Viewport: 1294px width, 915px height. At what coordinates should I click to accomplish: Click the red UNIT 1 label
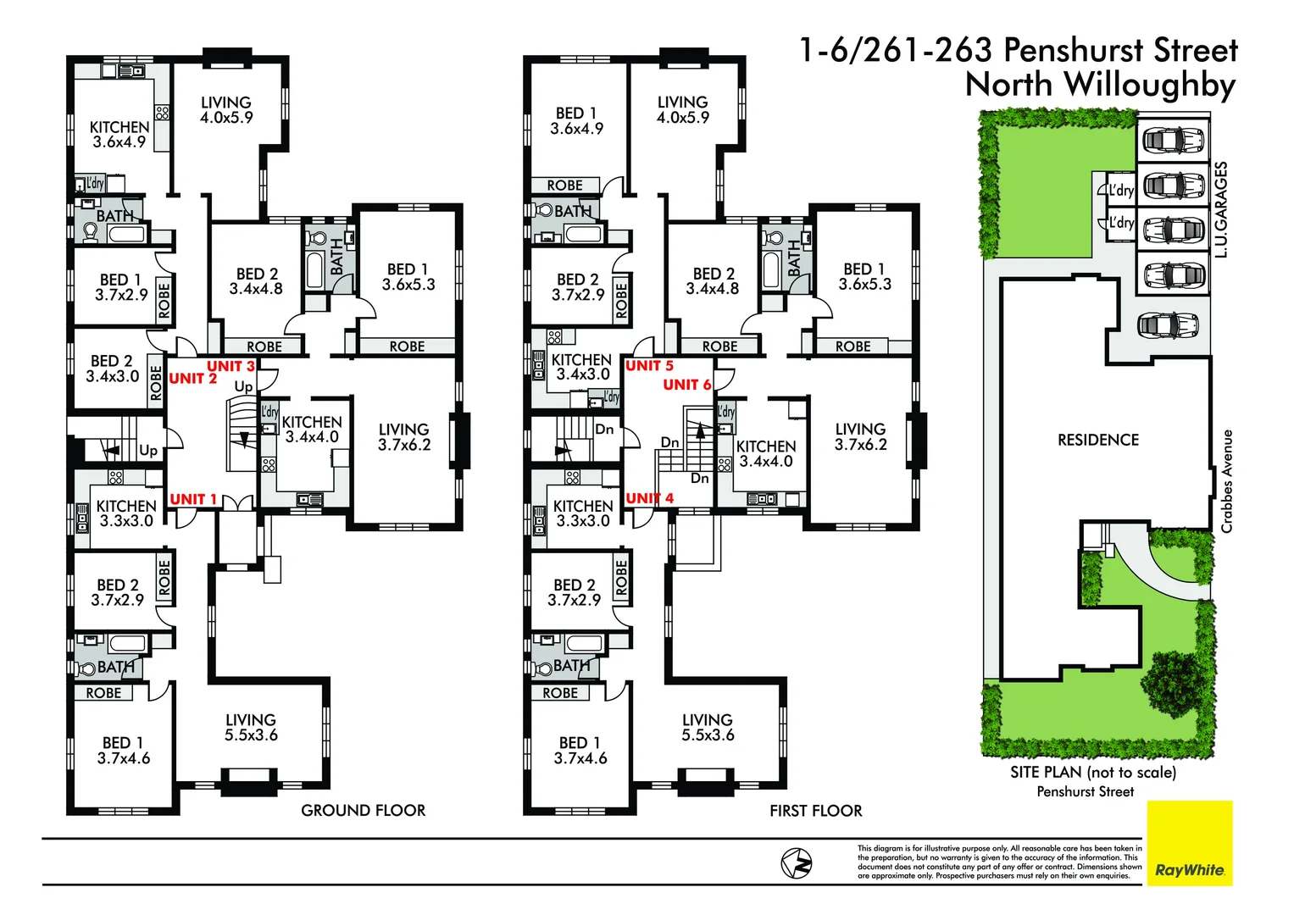pyautogui.click(x=193, y=499)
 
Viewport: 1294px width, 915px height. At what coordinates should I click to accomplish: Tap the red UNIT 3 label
pyautogui.click(x=230, y=366)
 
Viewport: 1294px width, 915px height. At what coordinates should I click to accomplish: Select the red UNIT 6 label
pyautogui.click(x=686, y=385)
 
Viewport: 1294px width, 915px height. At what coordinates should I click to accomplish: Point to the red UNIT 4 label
pyautogui.click(x=649, y=498)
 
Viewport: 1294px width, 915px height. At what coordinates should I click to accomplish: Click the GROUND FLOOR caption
pyautogui.click(x=363, y=811)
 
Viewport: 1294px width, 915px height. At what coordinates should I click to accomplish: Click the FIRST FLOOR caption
pyautogui.click(x=815, y=811)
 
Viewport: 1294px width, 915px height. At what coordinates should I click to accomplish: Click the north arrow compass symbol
pyautogui.click(x=796, y=863)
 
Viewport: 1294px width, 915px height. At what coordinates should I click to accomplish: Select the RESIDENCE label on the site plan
pyautogui.click(x=1097, y=440)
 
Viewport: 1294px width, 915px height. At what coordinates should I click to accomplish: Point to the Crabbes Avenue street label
pyautogui.click(x=1226, y=481)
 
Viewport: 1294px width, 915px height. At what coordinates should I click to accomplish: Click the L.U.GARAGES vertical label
pyautogui.click(x=1220, y=209)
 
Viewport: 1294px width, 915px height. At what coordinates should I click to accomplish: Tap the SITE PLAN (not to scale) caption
pyautogui.click(x=1092, y=772)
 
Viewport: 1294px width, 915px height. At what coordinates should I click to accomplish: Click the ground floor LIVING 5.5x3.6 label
pyautogui.click(x=251, y=727)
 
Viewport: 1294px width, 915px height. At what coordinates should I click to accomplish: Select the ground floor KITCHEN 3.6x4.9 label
pyautogui.click(x=119, y=134)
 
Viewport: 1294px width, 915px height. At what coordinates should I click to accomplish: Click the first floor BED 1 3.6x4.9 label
pyautogui.click(x=576, y=120)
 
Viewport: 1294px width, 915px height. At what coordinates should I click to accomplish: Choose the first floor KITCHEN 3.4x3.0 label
pyautogui.click(x=581, y=367)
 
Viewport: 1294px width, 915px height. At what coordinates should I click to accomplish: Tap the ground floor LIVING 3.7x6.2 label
pyautogui.click(x=404, y=436)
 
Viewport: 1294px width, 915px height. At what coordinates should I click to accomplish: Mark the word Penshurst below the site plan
pyautogui.click(x=1065, y=791)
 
